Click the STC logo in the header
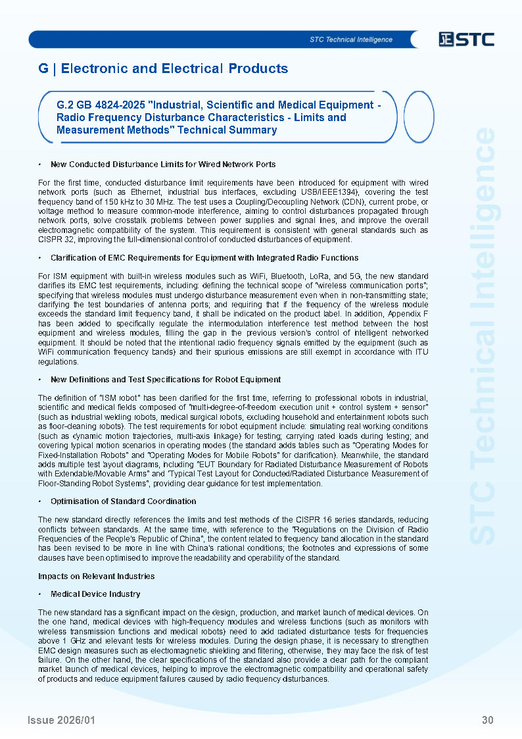[467, 39]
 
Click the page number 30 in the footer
[487, 720]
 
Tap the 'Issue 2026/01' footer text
[61, 720]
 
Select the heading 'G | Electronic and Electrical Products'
[163, 68]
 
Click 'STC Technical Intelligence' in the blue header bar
[351, 39]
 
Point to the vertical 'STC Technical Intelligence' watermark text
[485, 336]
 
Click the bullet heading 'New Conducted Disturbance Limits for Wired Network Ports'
[163, 164]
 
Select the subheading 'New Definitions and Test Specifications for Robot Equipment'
[166, 379]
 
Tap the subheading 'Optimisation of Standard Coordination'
[123, 501]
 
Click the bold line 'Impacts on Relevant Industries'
[97, 576]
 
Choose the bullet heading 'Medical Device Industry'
[95, 594]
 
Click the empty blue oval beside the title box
[418, 117]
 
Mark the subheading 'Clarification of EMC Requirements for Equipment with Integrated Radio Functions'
[204, 257]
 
